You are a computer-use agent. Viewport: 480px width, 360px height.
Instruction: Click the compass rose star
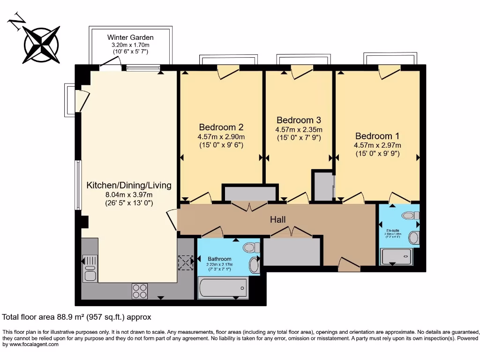(x=41, y=45)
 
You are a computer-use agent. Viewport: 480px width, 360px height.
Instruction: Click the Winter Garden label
(x=130, y=37)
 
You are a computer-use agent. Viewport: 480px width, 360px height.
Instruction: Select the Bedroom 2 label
(x=221, y=127)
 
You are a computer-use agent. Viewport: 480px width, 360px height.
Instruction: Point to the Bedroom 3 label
(x=299, y=120)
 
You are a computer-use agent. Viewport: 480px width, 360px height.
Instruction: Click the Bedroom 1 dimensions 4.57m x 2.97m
(x=377, y=145)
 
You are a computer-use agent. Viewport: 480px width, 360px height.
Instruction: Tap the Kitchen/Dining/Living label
(x=129, y=185)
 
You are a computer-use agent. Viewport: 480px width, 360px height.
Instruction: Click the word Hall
(x=277, y=219)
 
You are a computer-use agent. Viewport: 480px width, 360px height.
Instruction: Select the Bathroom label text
(x=219, y=259)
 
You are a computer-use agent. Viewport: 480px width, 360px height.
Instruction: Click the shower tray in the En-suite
(x=397, y=257)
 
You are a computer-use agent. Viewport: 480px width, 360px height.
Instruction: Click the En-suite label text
(x=393, y=231)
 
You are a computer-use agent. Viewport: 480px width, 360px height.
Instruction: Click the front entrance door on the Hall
(x=349, y=265)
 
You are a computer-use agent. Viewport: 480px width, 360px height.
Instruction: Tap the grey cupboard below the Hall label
(x=292, y=252)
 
